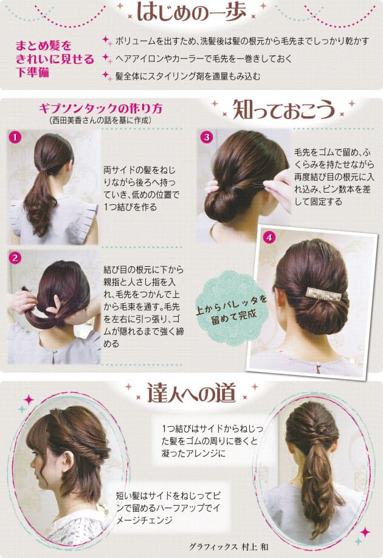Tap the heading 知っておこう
tap(284, 109)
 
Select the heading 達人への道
tap(191, 393)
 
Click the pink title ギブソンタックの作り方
tap(101, 108)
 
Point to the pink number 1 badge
tap(15, 137)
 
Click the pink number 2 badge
tap(15, 258)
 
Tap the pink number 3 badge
tap(207, 137)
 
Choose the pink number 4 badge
tap(269, 237)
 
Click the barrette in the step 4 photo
tap(323, 294)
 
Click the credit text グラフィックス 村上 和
tap(229, 546)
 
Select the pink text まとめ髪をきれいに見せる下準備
tap(55, 59)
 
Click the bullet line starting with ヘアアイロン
tap(203, 59)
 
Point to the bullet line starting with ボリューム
tap(242, 41)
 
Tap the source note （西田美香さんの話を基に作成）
tap(101, 120)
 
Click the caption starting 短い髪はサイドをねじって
tap(168, 508)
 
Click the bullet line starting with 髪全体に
tap(188, 76)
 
